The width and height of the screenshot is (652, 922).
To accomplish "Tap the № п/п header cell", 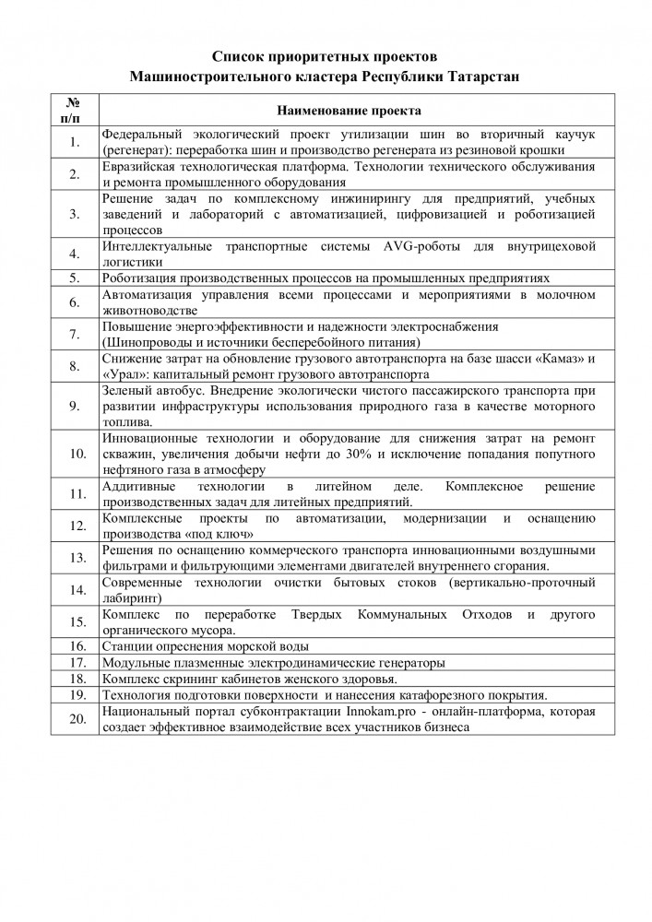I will (76, 111).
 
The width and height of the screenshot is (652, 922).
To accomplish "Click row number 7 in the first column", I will (76, 333).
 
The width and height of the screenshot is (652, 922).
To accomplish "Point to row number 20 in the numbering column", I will (76, 719).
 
